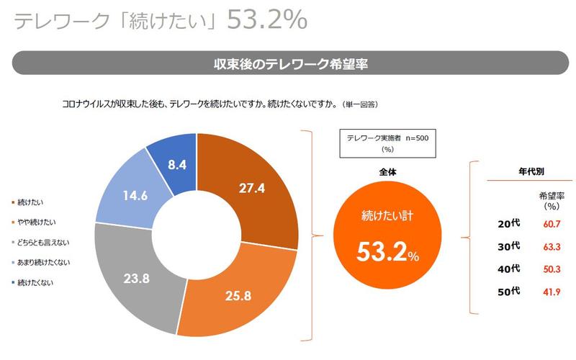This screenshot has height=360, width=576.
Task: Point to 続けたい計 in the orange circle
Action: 388,215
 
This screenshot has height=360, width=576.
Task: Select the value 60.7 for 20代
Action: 552,224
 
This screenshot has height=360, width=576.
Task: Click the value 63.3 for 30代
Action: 552,246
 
